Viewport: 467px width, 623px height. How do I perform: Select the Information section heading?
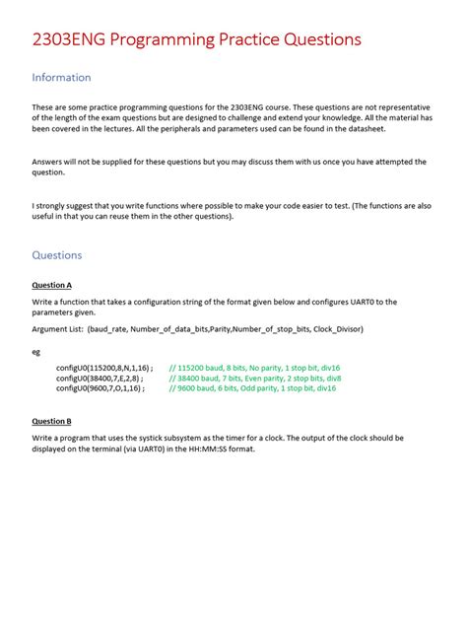click(x=61, y=77)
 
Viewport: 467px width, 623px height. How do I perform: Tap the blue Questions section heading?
click(x=57, y=254)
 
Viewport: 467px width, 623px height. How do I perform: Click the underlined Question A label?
click(x=52, y=285)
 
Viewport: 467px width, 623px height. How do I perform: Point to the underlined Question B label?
click(x=52, y=421)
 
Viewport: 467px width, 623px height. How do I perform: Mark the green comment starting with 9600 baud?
click(x=252, y=388)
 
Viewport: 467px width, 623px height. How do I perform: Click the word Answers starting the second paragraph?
click(x=48, y=161)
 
